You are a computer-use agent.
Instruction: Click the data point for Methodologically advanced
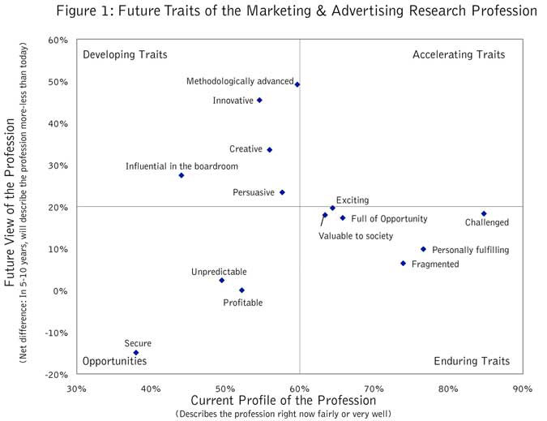(x=297, y=84)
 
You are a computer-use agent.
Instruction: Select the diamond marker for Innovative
(x=259, y=101)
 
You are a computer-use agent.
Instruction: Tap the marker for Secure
(x=136, y=353)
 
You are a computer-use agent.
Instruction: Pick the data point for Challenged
(x=484, y=214)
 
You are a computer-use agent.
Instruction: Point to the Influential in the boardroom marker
(x=182, y=175)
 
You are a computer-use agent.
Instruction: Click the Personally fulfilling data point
(x=423, y=250)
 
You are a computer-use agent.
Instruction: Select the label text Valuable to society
(x=355, y=236)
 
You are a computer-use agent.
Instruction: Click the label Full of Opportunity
(x=389, y=219)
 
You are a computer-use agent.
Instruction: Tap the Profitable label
(x=243, y=303)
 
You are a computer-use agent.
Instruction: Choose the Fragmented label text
(x=435, y=264)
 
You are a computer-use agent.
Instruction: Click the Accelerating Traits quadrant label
(x=459, y=55)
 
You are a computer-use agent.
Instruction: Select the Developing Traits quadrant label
(x=125, y=55)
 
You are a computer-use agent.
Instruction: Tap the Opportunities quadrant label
(x=114, y=361)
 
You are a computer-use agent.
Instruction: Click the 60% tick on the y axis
(x=58, y=41)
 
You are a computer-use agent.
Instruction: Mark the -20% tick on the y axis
(x=55, y=374)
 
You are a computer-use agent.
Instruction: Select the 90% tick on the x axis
(x=522, y=389)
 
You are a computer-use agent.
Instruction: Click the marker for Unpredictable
(x=221, y=281)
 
